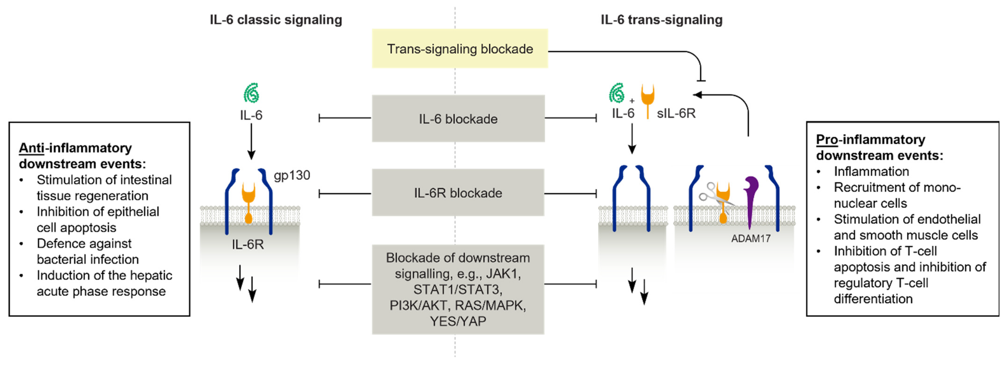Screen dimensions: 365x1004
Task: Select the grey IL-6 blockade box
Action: (x=458, y=119)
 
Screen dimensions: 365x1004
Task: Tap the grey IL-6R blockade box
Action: (x=458, y=193)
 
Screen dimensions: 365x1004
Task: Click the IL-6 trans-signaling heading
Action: (x=661, y=19)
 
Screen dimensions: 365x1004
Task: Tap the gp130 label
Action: (x=291, y=175)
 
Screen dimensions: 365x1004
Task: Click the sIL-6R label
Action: (x=676, y=113)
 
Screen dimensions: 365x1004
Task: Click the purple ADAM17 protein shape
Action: (x=750, y=199)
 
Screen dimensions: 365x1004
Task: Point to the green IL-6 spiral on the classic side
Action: (x=251, y=93)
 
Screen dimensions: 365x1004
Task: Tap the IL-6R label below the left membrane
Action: (x=248, y=245)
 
